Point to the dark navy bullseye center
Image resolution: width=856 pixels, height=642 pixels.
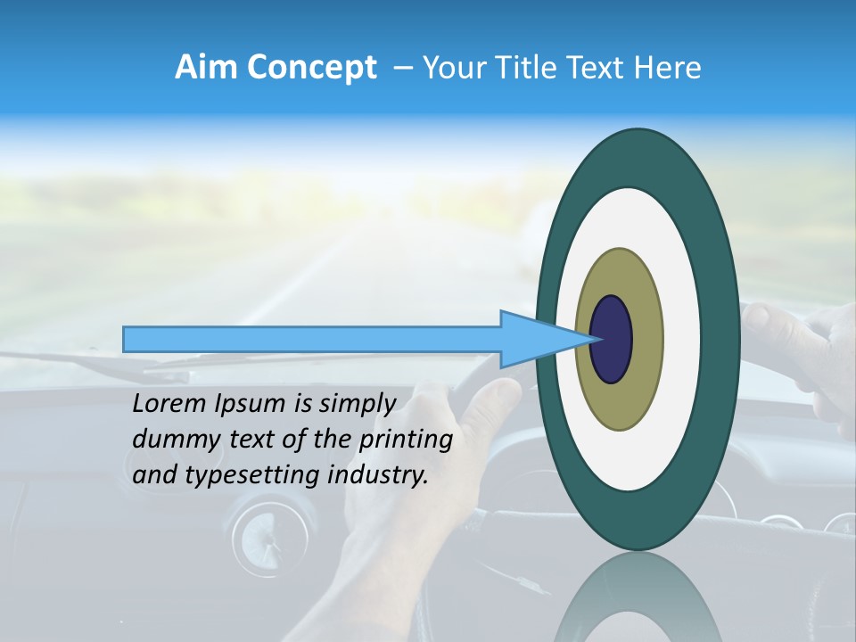point(611,339)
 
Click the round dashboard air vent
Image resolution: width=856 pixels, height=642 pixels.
point(259,537)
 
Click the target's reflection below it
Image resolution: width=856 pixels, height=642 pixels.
point(638,597)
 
